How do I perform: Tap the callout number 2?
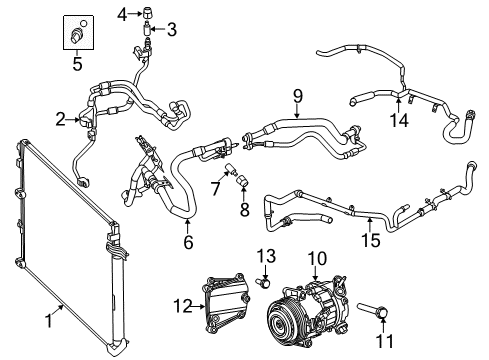(60, 120)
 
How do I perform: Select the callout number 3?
(171, 30)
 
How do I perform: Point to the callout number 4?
(122, 13)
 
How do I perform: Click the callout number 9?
(297, 96)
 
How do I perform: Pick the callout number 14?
(399, 121)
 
